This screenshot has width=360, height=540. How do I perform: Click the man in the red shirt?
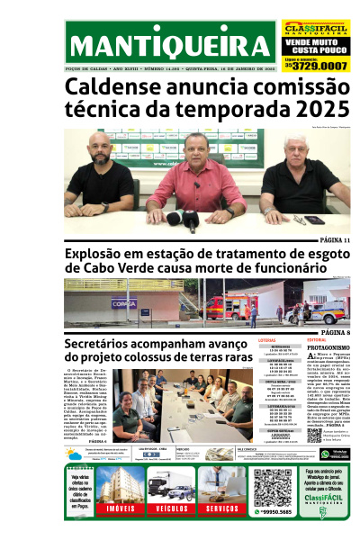pyautogui.click(x=196, y=180)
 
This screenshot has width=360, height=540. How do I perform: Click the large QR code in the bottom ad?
pyautogui.click(x=272, y=486)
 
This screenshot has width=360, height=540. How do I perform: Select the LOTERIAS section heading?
pyautogui.click(x=267, y=340)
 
